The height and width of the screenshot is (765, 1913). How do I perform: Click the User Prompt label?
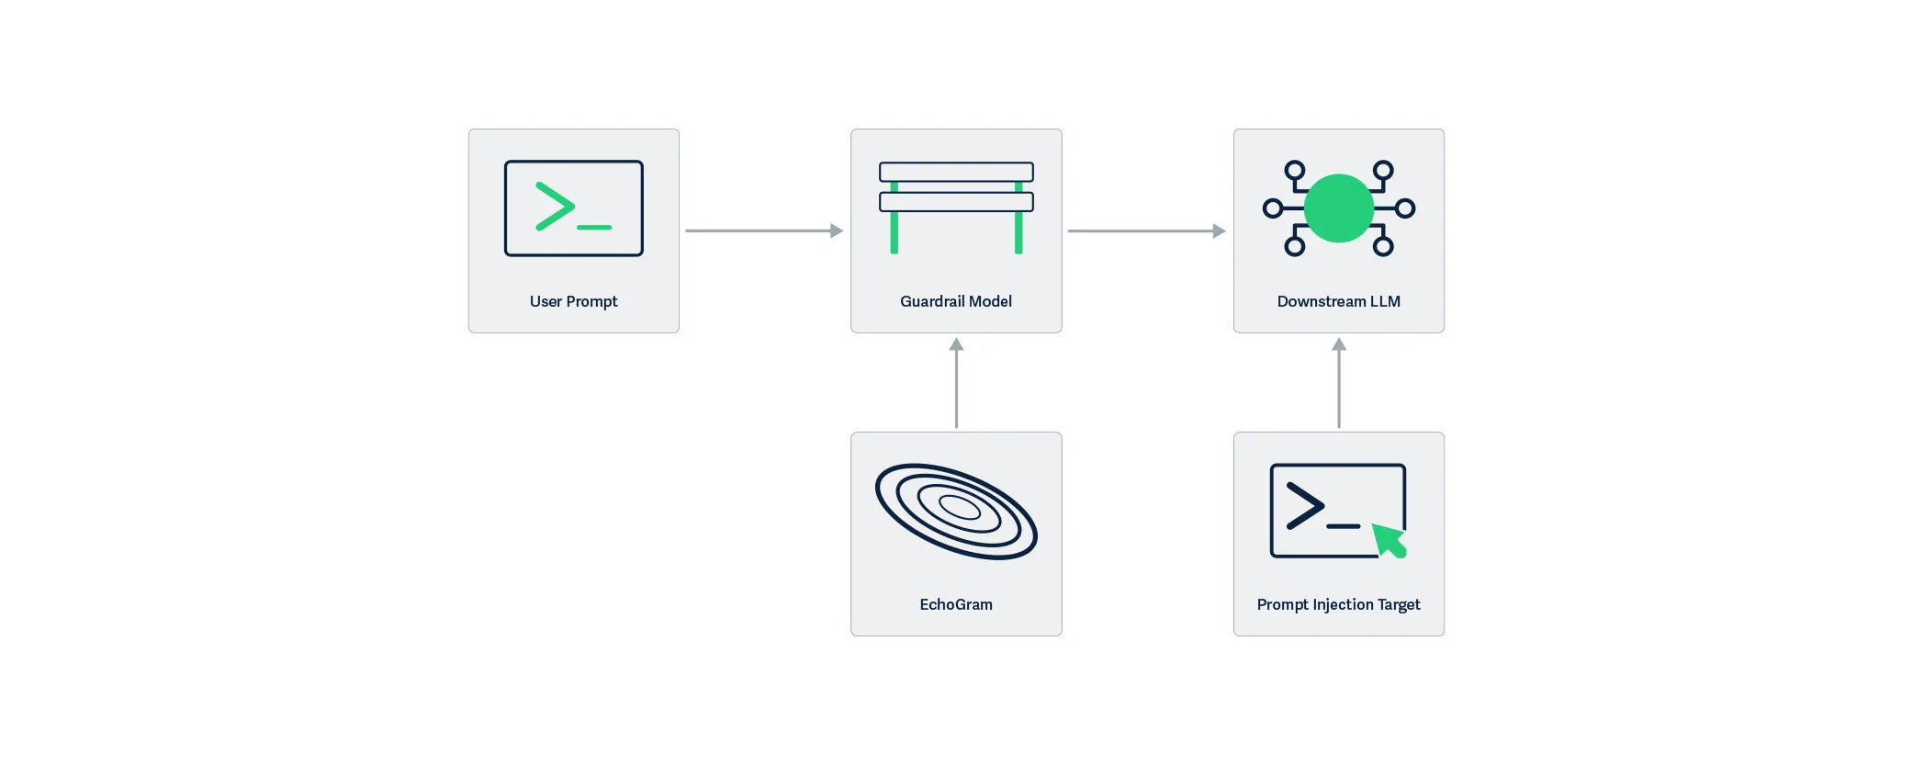click(x=573, y=301)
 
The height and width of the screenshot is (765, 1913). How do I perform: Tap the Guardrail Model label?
click(x=955, y=301)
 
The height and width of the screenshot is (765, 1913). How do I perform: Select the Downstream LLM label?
click(x=1338, y=301)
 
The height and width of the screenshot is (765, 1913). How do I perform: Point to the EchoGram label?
click(x=955, y=604)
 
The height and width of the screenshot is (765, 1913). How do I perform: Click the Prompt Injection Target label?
click(x=1338, y=604)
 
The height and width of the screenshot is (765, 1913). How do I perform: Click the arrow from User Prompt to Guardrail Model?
click(x=763, y=231)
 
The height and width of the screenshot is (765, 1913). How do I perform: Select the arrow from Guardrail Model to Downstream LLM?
click(x=1146, y=231)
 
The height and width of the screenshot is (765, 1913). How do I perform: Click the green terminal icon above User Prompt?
click(x=573, y=208)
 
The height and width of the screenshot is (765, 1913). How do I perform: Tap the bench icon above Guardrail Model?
click(x=956, y=207)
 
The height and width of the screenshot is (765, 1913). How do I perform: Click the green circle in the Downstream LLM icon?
click(x=1338, y=208)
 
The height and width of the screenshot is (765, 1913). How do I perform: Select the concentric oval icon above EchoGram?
click(x=956, y=511)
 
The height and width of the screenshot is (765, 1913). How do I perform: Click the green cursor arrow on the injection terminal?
click(x=1389, y=540)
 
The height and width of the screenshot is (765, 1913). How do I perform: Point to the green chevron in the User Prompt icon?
click(x=555, y=206)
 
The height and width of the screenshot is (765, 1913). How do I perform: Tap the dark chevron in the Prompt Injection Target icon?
click(x=1304, y=505)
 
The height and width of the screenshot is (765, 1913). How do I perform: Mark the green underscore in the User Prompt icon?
click(x=594, y=227)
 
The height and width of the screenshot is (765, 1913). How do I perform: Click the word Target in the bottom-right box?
click(x=1399, y=604)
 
